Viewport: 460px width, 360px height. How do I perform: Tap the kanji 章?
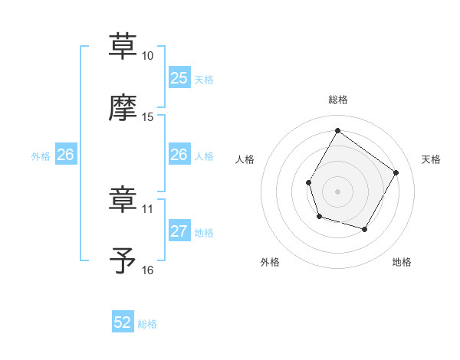(x=123, y=199)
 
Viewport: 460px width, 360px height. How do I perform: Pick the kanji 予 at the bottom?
(x=123, y=260)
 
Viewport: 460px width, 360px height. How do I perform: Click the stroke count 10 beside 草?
(x=147, y=56)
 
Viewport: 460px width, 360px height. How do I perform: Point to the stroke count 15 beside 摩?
(x=147, y=117)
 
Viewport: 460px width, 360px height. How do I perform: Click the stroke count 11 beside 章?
(x=147, y=208)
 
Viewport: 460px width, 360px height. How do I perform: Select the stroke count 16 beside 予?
(x=147, y=270)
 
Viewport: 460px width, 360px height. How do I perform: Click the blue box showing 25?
(x=179, y=78)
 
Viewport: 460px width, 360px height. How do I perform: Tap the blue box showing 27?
(x=179, y=231)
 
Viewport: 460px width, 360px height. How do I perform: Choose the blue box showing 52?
(x=123, y=322)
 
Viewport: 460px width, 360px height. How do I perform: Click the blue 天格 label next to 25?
(x=204, y=79)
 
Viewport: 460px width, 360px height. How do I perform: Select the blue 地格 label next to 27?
(x=204, y=232)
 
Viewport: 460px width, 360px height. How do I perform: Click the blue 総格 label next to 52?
(x=147, y=323)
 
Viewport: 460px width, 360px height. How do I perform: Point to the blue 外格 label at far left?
(x=41, y=155)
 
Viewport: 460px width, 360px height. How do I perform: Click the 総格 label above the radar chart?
(x=337, y=100)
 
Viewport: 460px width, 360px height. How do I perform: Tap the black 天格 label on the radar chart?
(x=431, y=159)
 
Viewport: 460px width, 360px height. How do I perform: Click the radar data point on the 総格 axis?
(x=337, y=130)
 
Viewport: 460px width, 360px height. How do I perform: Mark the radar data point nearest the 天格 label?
(x=396, y=172)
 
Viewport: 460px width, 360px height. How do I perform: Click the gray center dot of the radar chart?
(x=337, y=191)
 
